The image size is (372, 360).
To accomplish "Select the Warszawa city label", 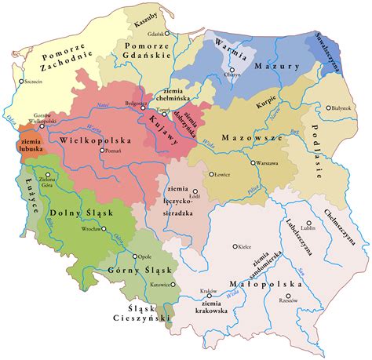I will pyautogui.click(x=264, y=164).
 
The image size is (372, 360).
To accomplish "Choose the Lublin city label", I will pyautogui.click(x=307, y=228).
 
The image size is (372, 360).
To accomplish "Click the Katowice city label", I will pyautogui.click(x=162, y=285).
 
